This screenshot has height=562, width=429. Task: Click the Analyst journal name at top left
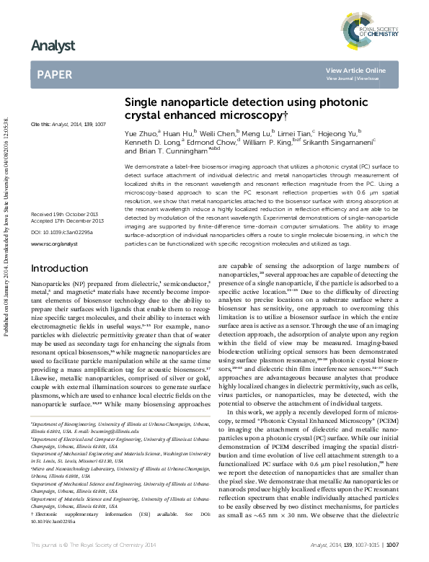(x=53, y=46)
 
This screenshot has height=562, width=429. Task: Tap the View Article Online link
(x=355, y=70)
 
